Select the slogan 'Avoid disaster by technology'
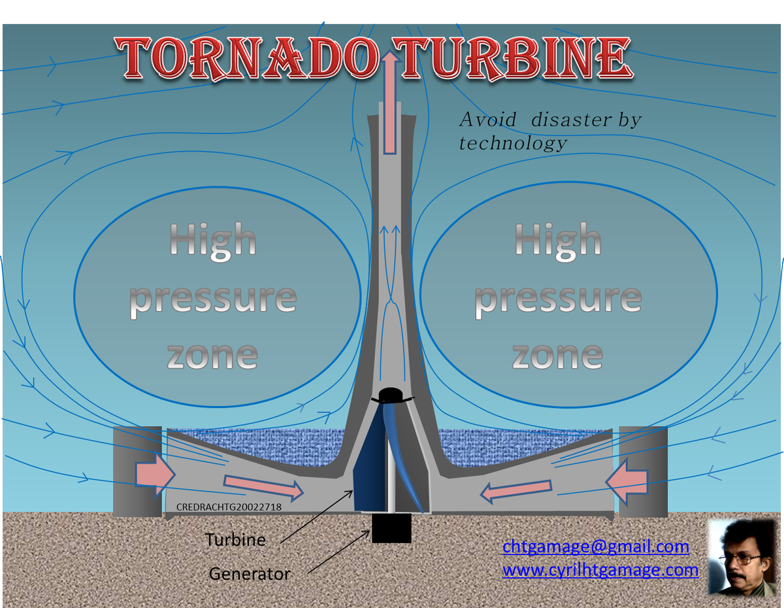click(549, 131)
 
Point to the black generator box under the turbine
click(391, 528)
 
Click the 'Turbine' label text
click(236, 540)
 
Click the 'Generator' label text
click(250, 574)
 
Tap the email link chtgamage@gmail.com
click(595, 547)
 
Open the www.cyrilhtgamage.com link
click(600, 570)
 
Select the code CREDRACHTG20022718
click(229, 507)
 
